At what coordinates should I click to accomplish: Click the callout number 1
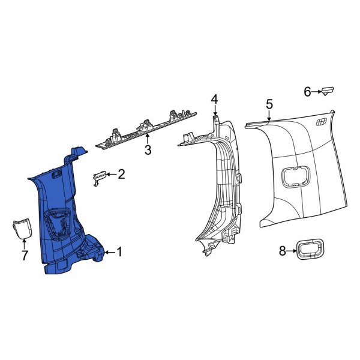pos(119,252)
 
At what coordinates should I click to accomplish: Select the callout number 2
pos(121,175)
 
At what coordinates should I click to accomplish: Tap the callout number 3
pos(148,150)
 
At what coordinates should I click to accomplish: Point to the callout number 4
pos(214,100)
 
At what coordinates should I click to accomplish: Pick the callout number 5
pos(269,105)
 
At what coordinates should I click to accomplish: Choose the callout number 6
pos(307,92)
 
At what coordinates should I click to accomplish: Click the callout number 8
pos(283,251)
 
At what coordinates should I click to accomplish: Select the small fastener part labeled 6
pos(328,91)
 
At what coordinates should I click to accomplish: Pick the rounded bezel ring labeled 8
pos(311,250)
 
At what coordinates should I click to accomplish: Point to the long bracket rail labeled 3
pos(147,130)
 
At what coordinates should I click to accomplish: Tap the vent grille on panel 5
pos(321,122)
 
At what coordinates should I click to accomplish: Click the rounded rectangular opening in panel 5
pos(293,178)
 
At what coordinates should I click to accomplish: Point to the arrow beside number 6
pos(317,92)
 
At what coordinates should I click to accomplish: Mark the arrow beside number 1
pos(108,253)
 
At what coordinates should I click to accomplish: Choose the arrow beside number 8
pos(293,251)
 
